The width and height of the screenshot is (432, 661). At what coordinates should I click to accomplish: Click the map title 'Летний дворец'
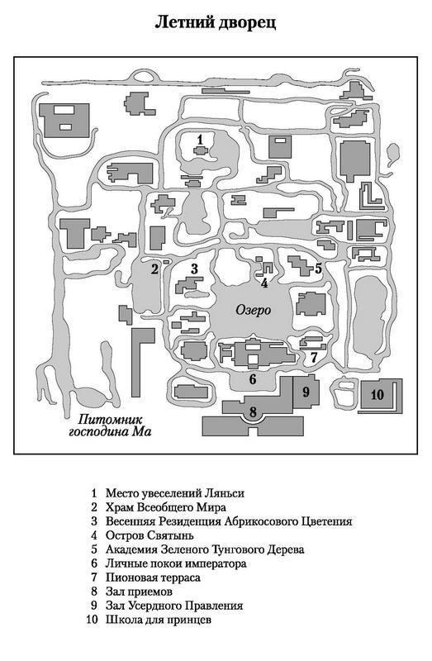(216, 22)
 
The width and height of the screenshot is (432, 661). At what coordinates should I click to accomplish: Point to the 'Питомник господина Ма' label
(110, 426)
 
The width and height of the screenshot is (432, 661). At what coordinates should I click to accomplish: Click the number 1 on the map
(200, 139)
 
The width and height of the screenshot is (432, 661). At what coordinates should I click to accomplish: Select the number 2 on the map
(154, 269)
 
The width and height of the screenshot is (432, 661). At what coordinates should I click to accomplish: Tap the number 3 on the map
(194, 269)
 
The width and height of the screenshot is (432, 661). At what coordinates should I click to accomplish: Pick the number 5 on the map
(318, 268)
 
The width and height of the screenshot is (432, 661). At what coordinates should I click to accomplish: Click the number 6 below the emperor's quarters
(253, 379)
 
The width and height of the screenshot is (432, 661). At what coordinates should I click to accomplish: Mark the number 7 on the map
(314, 358)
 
